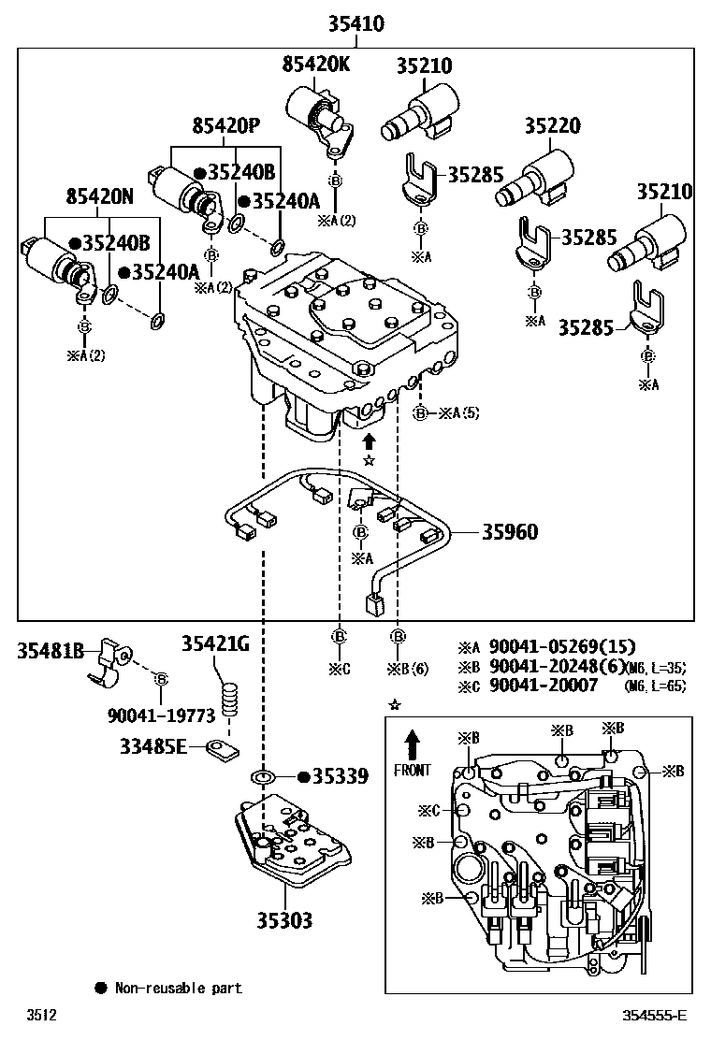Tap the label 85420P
click(225, 125)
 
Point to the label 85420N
click(99, 196)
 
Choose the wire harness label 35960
click(510, 532)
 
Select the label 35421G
click(216, 643)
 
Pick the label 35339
click(341, 776)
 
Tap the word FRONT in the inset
click(412, 771)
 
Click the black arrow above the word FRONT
click(412, 745)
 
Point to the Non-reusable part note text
click(178, 988)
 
